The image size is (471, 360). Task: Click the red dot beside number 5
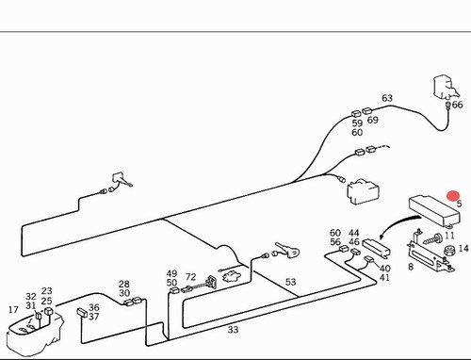click(x=453, y=196)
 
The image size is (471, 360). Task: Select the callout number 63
click(x=387, y=98)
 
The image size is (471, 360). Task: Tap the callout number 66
click(x=458, y=105)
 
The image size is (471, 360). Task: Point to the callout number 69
click(x=373, y=120)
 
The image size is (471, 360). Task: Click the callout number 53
click(x=290, y=282)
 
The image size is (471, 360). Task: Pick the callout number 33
click(x=233, y=330)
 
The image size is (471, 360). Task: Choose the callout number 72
click(x=190, y=277)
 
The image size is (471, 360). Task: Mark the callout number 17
click(x=13, y=310)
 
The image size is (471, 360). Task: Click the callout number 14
click(x=463, y=249)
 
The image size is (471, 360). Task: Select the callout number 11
click(x=449, y=236)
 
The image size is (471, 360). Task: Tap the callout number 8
click(x=411, y=267)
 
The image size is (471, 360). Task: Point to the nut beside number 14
click(x=449, y=251)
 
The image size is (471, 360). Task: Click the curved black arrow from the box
click(x=397, y=222)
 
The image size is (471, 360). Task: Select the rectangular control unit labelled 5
click(x=434, y=210)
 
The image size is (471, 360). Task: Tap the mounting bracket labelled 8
click(x=430, y=254)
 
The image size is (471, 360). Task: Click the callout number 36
click(x=93, y=307)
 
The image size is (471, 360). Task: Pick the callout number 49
click(x=171, y=273)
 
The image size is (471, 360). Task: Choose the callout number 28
click(x=124, y=284)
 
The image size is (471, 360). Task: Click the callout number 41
click(x=384, y=278)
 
